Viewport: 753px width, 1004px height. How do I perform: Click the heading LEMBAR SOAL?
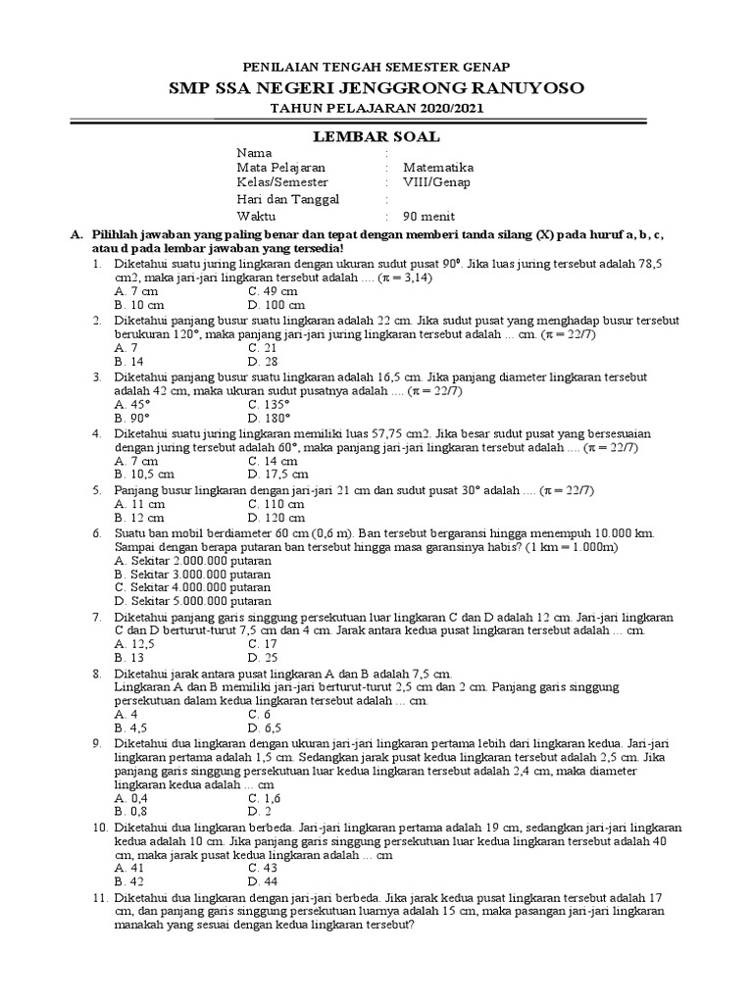pos(376,135)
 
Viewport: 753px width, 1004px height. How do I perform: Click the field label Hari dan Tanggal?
pos(287,199)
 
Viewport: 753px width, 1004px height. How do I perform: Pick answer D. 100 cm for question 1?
pos(276,306)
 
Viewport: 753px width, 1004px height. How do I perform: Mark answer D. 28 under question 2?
pos(263,362)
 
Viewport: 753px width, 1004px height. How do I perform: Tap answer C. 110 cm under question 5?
pos(276,502)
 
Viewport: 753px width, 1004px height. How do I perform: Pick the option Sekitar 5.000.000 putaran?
pos(192,601)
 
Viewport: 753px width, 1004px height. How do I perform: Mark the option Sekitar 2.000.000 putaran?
pos(192,560)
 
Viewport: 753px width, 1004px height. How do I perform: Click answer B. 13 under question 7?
pos(127,658)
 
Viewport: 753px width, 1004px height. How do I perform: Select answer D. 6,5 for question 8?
pos(266,728)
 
